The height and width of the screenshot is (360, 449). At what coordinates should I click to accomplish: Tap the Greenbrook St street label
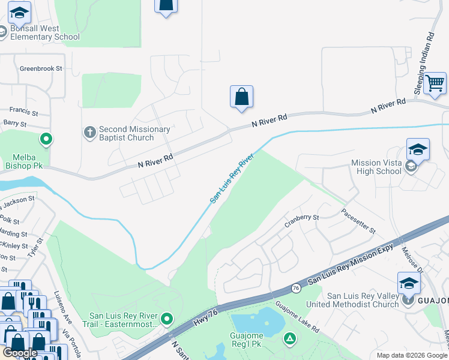coord(41,68)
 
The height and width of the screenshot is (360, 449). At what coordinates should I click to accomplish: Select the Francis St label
coord(23,112)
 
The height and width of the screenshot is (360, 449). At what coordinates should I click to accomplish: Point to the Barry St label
coord(15,124)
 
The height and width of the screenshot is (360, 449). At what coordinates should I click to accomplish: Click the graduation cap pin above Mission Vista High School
coord(418,149)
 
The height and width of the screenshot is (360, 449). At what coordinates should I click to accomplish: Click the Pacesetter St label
coord(358,221)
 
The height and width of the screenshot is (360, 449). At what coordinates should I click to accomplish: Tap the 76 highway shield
coord(296,289)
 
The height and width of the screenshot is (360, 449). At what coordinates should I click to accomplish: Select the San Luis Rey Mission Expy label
coord(351,264)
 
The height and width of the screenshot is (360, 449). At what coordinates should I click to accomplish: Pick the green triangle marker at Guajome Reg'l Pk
coord(290,339)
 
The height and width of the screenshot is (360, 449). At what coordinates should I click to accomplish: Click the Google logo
coord(20,353)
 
